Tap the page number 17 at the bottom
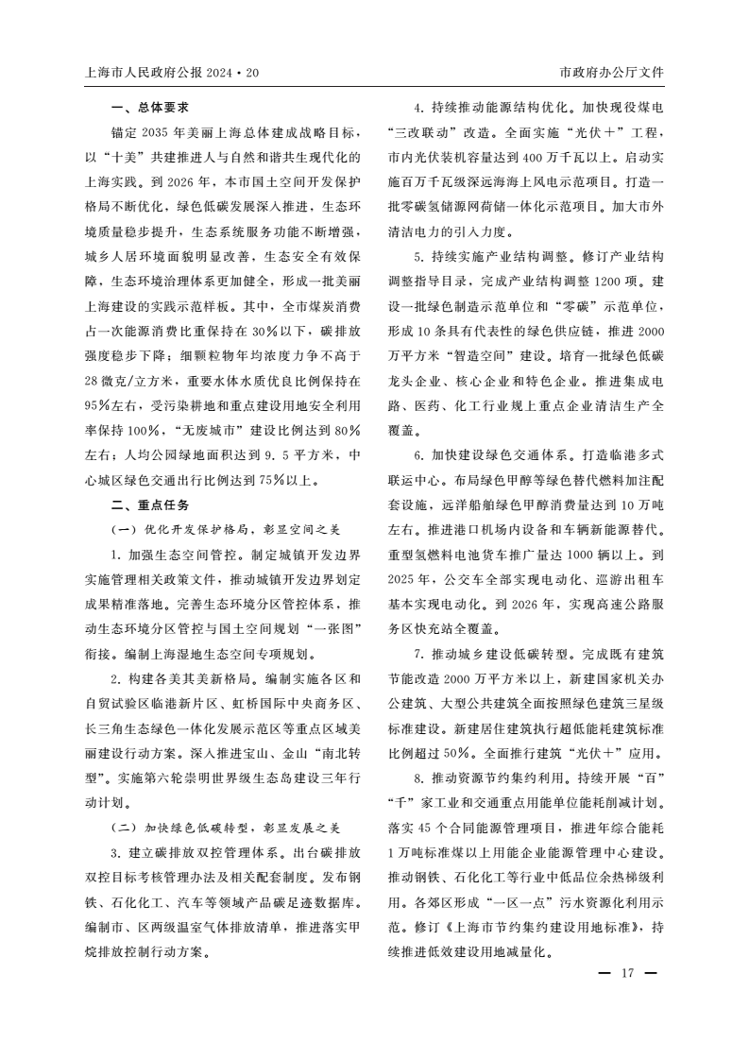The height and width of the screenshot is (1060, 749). (x=624, y=974)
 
